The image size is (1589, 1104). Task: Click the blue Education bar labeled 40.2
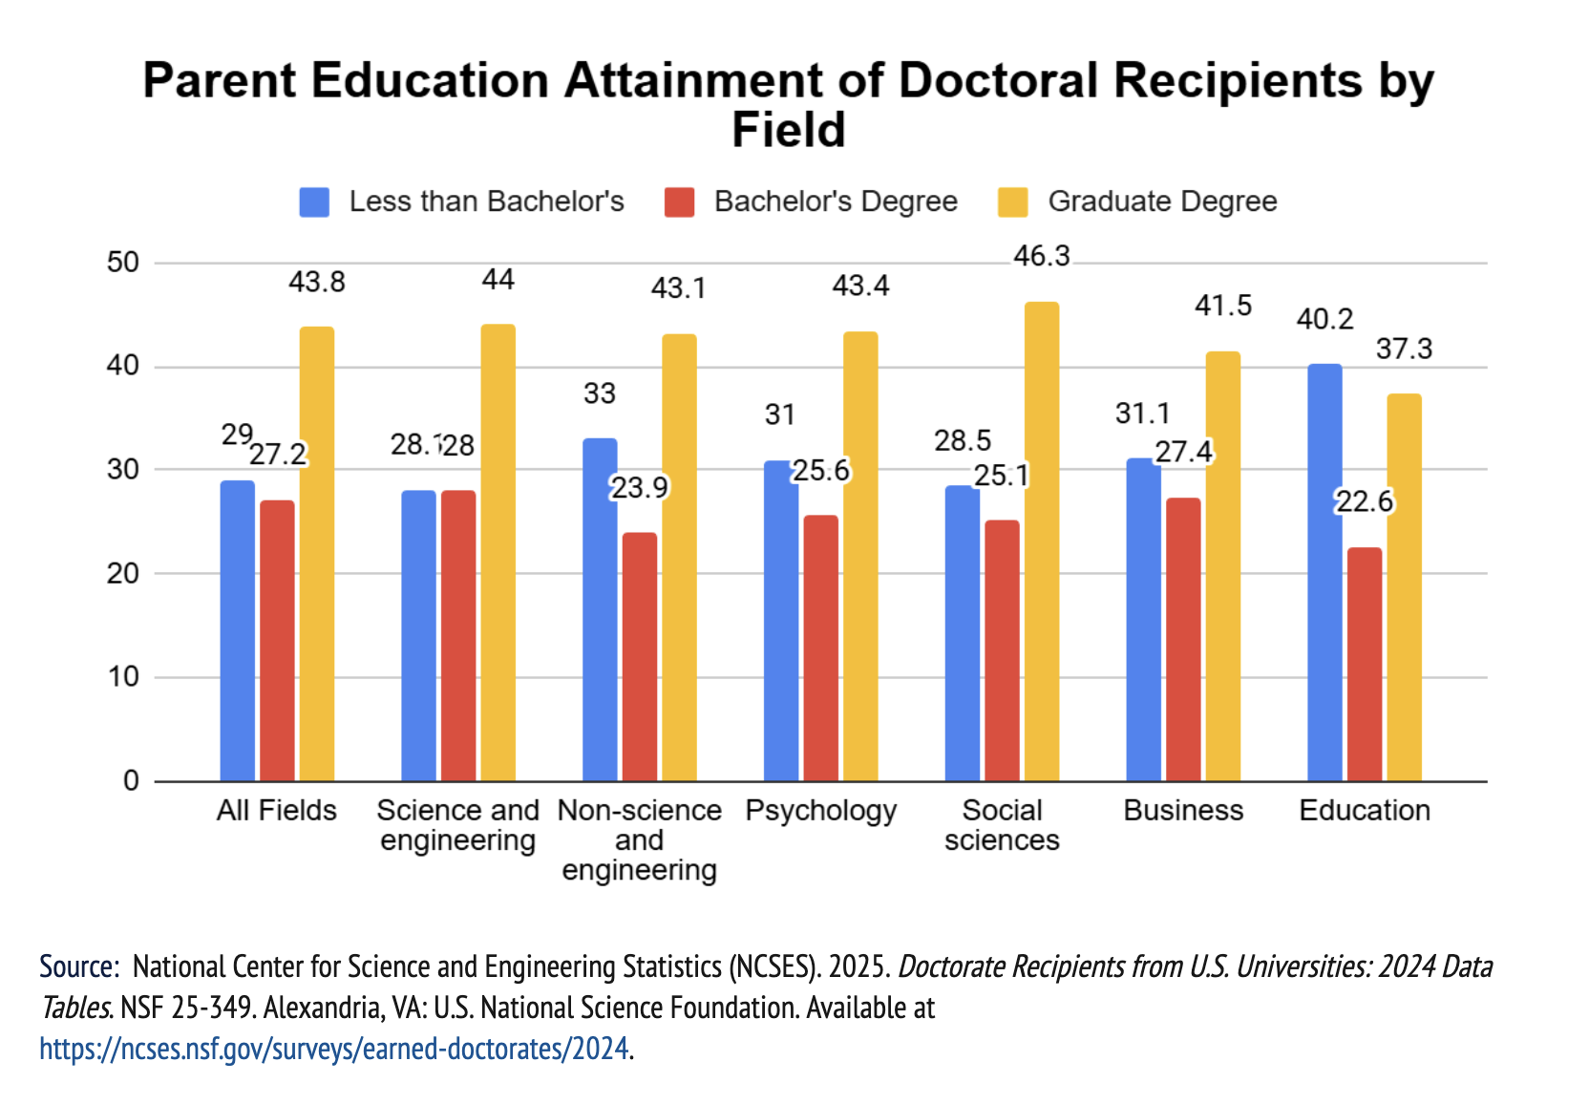pos(1324,573)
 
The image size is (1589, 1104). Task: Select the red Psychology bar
pos(821,648)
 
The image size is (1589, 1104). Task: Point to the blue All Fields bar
pos(237,630)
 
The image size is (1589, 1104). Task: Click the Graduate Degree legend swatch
pos(1012,202)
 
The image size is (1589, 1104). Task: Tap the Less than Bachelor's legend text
pos(486,202)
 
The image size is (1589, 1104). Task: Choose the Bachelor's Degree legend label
pos(836,202)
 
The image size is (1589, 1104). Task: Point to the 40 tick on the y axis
pos(122,366)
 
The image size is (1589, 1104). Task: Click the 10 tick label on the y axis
pos(122,677)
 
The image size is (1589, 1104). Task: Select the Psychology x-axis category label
pos(820,811)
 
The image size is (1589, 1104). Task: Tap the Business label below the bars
pos(1183,811)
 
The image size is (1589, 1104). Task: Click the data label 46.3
pos(1041,256)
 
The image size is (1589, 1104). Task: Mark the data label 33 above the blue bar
pos(600,393)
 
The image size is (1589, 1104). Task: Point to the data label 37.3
pos(1404,349)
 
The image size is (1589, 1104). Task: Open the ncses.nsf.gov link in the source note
pos(334,1049)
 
